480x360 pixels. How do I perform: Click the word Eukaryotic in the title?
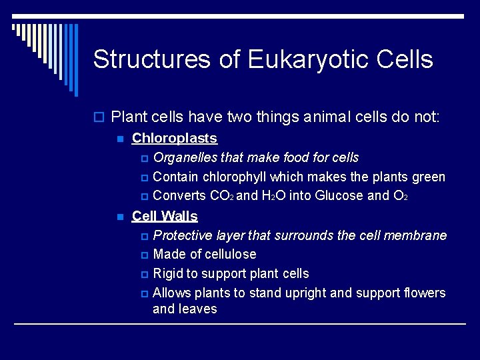pyautogui.click(x=308, y=60)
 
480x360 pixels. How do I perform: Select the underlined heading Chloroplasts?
pyautogui.click(x=175, y=139)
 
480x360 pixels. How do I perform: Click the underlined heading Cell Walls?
pyautogui.click(x=165, y=216)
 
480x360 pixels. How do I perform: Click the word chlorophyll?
pyautogui.click(x=234, y=177)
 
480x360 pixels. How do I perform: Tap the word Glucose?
pyautogui.click(x=339, y=196)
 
